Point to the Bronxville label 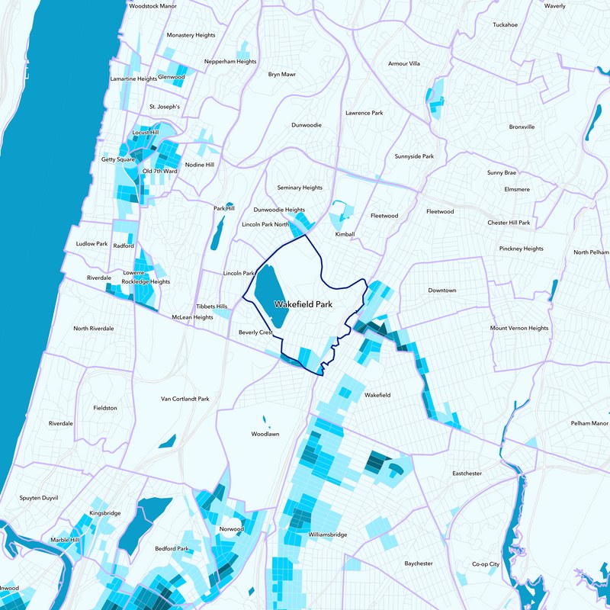[522, 127]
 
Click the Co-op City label [485, 564]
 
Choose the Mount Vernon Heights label [518, 328]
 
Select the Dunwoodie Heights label [279, 210]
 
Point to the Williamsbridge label [328, 535]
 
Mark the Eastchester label [467, 474]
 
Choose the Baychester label [419, 563]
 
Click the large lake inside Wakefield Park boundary [268, 297]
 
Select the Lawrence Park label [364, 113]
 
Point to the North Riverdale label [93, 329]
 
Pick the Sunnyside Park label [414, 156]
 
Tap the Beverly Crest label [255, 332]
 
